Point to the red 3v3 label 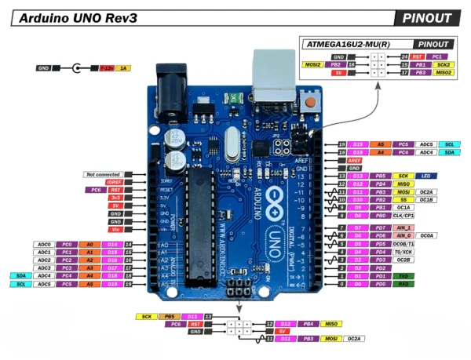point(115,198)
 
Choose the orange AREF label point(355,160)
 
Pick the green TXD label point(403,277)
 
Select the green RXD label point(403,285)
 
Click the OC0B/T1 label point(404,243)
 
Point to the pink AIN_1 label point(403,227)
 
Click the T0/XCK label point(403,251)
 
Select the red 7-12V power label point(105,69)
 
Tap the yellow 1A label point(123,69)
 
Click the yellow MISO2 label point(444,72)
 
